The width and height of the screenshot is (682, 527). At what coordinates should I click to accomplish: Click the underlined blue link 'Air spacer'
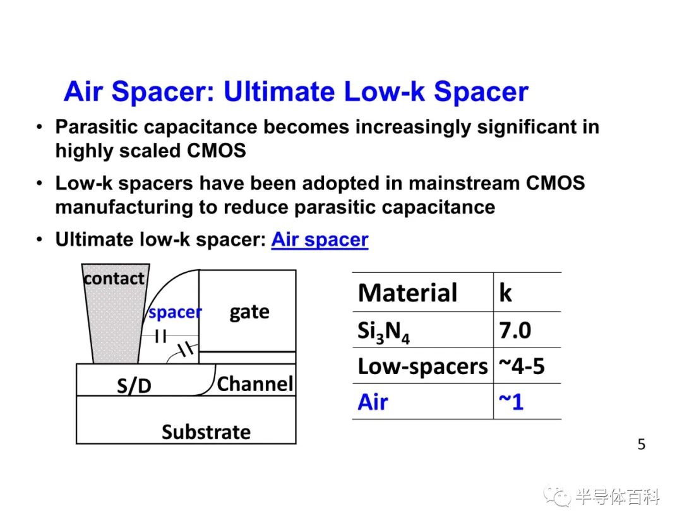(x=320, y=239)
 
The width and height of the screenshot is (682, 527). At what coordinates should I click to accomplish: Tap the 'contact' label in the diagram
(x=114, y=279)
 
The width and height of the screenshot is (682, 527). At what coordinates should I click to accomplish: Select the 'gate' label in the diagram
(x=249, y=312)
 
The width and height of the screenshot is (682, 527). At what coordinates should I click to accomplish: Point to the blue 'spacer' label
(x=176, y=312)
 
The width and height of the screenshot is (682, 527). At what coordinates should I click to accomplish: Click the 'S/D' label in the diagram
(x=134, y=385)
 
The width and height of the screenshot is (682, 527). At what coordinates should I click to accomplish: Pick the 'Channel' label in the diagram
(x=255, y=384)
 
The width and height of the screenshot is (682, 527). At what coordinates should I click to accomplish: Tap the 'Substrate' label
(x=206, y=432)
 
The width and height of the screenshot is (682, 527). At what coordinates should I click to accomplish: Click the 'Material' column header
(x=407, y=293)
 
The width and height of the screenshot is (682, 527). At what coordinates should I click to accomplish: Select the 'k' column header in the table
(x=505, y=292)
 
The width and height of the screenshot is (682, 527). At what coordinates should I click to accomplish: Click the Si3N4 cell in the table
(x=384, y=332)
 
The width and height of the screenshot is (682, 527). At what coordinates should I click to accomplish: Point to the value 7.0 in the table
(x=515, y=330)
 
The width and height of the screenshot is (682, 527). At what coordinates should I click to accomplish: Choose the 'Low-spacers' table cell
(x=422, y=366)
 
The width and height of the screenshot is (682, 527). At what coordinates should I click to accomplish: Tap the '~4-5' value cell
(x=522, y=366)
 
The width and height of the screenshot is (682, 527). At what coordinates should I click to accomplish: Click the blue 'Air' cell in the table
(x=373, y=402)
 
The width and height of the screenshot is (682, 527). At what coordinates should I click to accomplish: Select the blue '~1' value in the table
(x=511, y=402)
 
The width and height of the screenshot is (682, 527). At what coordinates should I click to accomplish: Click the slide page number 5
(x=642, y=444)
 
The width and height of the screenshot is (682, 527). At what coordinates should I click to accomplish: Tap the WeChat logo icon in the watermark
(x=558, y=496)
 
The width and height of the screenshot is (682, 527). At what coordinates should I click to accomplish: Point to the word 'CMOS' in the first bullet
(x=216, y=151)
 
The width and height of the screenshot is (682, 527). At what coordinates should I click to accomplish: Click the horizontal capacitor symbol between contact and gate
(x=160, y=336)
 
